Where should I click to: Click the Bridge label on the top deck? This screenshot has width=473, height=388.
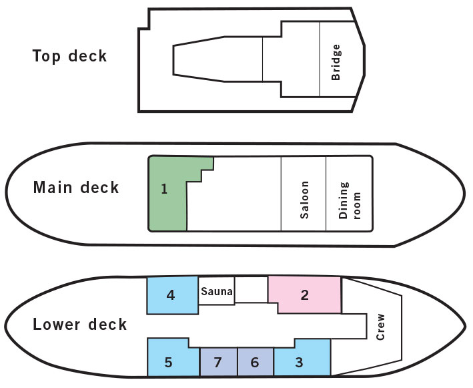[336, 62]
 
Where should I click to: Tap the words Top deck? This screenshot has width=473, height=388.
[69, 56]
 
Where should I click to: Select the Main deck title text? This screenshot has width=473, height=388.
[76, 188]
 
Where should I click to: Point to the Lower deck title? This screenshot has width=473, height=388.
[79, 325]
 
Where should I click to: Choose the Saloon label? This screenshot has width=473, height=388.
[304, 200]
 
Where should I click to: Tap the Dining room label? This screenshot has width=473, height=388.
[350, 200]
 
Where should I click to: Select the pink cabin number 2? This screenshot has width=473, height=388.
[305, 295]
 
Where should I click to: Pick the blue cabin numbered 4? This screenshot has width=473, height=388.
[173, 295]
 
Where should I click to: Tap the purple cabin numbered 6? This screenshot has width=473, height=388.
[256, 362]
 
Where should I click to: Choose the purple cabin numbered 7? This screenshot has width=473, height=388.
[218, 362]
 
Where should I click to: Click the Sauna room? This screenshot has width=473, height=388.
[217, 291]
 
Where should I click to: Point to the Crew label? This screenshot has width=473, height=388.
[381, 327]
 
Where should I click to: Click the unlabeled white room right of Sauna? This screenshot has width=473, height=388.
[252, 289]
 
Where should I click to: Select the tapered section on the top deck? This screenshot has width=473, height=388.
[217, 59]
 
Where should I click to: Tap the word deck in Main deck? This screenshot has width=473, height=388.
[99, 188]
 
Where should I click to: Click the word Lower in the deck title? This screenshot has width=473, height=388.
[57, 325]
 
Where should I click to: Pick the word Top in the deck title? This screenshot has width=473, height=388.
[47, 57]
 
